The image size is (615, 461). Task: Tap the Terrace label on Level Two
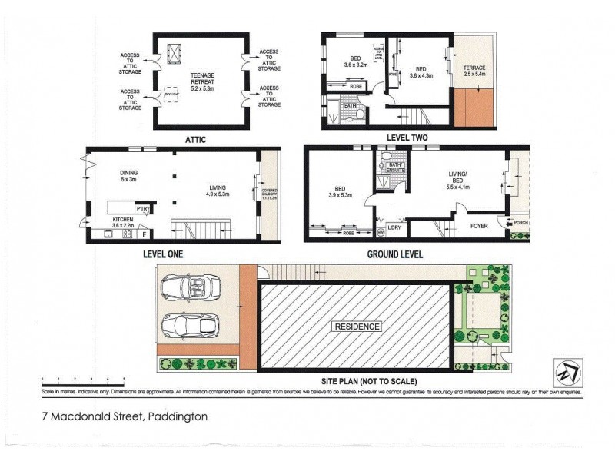pos(474,73)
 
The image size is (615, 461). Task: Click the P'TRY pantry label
pos(141,209)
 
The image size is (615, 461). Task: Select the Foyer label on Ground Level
pos(480,227)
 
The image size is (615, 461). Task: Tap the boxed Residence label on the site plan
pos(356,327)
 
